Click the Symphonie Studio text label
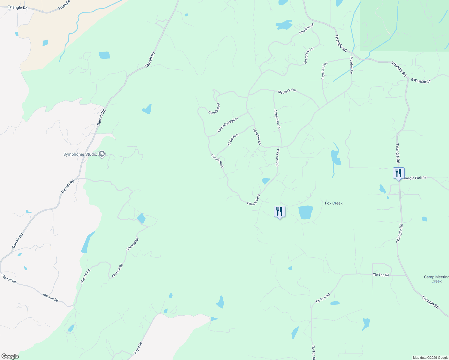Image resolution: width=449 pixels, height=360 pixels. point(80,154)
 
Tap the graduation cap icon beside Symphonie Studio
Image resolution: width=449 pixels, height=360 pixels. point(102,154)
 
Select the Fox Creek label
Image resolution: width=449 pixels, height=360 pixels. point(333,203)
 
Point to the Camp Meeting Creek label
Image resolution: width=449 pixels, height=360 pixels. point(436,279)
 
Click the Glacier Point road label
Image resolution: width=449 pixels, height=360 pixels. point(287,91)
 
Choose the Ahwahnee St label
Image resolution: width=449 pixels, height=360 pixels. point(277,119)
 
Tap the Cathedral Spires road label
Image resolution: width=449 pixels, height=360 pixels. point(228,125)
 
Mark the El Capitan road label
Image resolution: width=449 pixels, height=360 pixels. point(233,139)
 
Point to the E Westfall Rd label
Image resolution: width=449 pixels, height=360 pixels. point(420,81)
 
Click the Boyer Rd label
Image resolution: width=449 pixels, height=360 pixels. point(138,347)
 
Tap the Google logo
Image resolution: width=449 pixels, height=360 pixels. point(10,356)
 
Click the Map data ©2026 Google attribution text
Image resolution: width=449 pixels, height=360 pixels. point(430,358)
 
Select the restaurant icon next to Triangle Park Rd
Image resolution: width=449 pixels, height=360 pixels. point(399,173)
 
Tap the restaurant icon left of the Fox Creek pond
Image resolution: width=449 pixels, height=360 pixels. point(279,211)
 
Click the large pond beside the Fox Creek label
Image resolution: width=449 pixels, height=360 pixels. point(306,212)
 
